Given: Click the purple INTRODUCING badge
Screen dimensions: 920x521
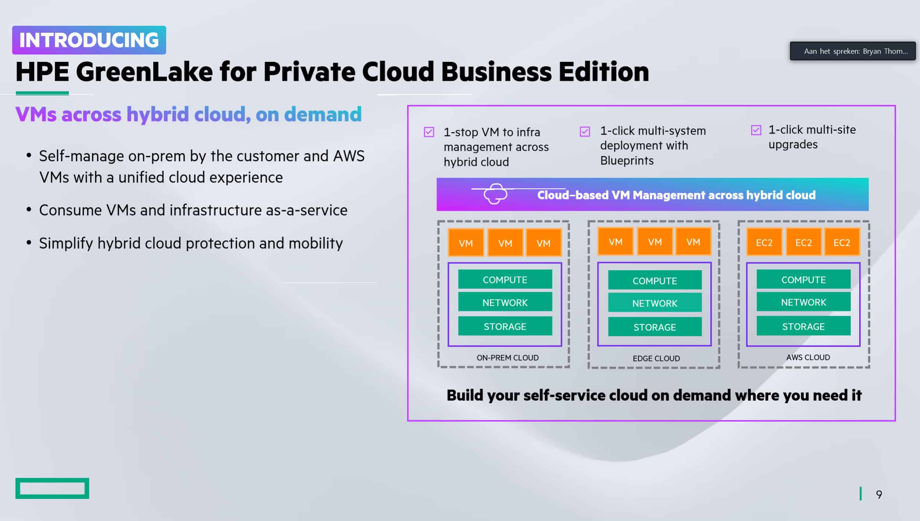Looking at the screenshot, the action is (x=89, y=40).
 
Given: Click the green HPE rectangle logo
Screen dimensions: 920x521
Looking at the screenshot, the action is (x=52, y=488).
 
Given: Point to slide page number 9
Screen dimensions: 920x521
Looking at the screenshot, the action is (x=879, y=495).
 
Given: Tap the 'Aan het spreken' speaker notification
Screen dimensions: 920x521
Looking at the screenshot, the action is (x=853, y=51).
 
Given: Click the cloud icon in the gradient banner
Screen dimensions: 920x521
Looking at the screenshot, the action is (x=495, y=194).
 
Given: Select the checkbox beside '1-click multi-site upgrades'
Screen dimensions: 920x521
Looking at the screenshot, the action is (x=756, y=130).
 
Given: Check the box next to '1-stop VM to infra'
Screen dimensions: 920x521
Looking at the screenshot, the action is (x=429, y=132).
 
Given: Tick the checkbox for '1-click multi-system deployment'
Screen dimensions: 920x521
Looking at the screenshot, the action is (x=585, y=131).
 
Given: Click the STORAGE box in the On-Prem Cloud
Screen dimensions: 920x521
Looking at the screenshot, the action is (x=505, y=326).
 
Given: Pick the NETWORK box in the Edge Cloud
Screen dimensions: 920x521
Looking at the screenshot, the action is (x=655, y=303).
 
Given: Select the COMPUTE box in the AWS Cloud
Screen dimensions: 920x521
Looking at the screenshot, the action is (x=804, y=279).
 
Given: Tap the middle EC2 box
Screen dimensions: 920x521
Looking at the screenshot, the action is (x=804, y=242).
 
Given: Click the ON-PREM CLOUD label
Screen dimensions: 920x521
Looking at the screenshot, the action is (x=508, y=358).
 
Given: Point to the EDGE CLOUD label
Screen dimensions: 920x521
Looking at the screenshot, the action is (x=656, y=358).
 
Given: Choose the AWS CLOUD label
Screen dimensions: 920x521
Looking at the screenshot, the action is (x=808, y=357).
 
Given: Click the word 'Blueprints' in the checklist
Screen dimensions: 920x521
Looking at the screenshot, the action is (x=627, y=161).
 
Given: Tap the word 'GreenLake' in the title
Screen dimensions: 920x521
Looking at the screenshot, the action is (x=144, y=71).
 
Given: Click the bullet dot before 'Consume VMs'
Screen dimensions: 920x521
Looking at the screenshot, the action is (x=29, y=210).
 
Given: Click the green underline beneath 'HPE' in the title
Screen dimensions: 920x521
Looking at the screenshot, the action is (x=42, y=93).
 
